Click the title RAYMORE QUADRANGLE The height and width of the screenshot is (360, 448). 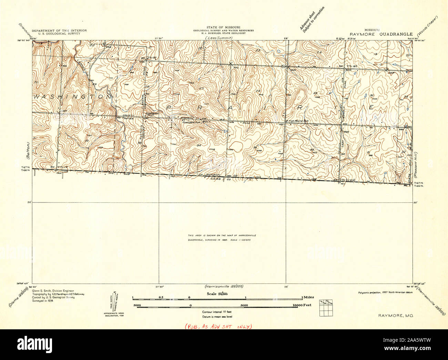[381, 34]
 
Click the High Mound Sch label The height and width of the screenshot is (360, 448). [297, 121]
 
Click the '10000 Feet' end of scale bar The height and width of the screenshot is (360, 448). [302, 305]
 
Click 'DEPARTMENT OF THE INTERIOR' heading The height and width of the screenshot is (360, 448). [59, 30]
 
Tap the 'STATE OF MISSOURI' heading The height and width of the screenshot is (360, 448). [223, 27]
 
